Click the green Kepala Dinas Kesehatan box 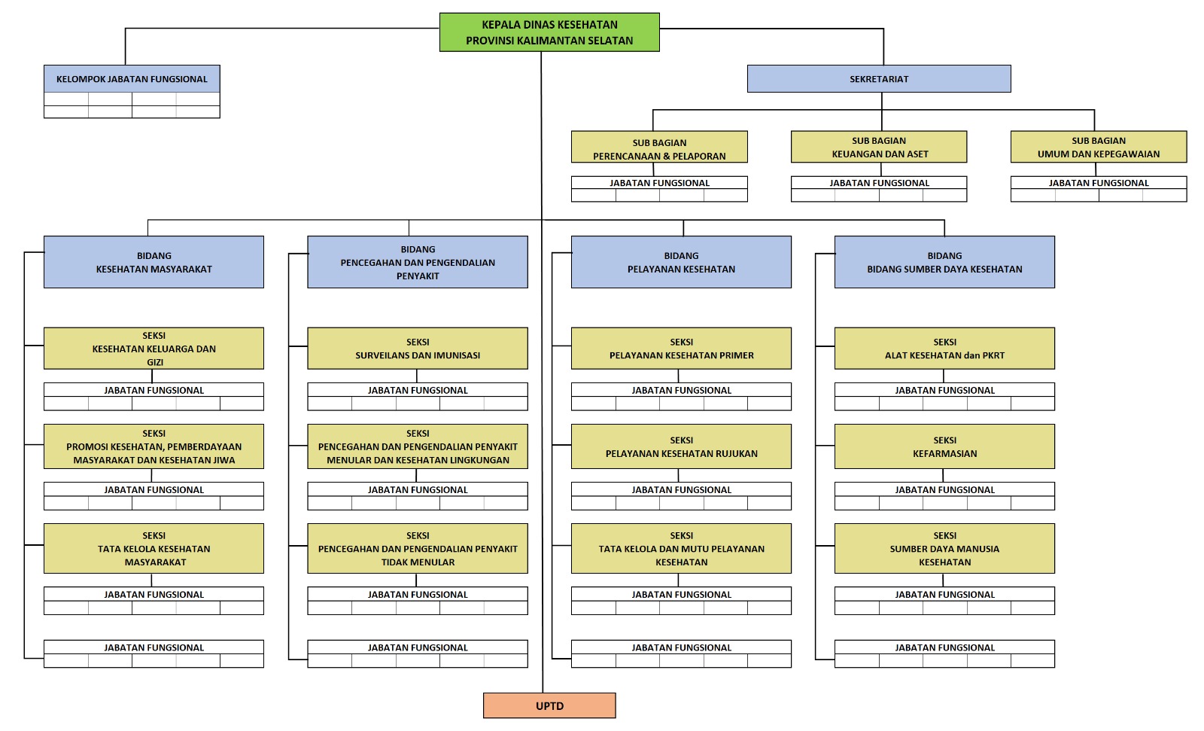(549, 32)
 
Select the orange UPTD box (549, 705)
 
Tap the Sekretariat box (879, 79)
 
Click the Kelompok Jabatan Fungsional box (132, 79)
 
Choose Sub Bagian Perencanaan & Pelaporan (659, 148)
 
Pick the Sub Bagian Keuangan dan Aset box (879, 147)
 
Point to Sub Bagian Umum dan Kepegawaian (1099, 147)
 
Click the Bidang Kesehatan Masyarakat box (154, 262)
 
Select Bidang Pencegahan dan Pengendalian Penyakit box (418, 262)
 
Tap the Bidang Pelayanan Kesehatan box (681, 262)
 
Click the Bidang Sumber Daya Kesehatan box (944, 262)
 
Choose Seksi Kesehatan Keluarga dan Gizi (154, 348)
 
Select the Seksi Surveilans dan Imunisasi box (418, 348)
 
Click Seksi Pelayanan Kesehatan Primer (681, 348)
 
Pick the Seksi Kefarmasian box (944, 446)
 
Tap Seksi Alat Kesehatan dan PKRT (944, 348)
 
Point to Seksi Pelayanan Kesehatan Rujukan (681, 446)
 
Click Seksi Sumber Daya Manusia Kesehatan (944, 548)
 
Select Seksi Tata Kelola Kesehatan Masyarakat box (154, 548)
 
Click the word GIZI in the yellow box (155, 362)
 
